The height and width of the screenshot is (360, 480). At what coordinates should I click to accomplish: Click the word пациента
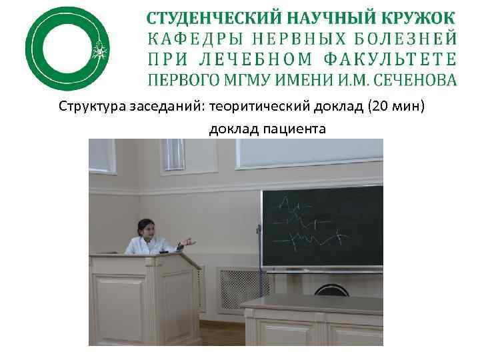[x=296, y=128]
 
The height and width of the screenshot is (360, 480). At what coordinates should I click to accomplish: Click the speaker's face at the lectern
[x=147, y=230]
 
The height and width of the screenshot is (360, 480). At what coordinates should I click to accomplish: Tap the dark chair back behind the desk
[x=331, y=291]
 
